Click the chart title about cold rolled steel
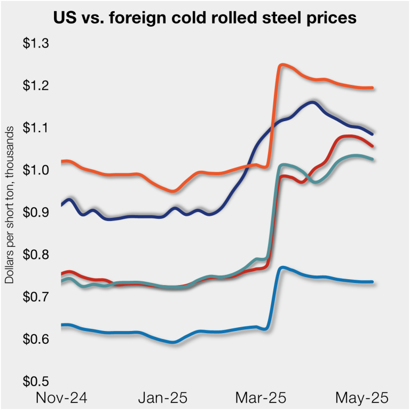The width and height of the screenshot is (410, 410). [205, 18]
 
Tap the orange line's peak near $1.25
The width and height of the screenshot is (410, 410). [282, 65]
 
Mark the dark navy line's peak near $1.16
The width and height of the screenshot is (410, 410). [312, 102]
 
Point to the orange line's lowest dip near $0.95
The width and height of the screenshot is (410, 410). [172, 191]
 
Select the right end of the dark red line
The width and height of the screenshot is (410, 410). [372, 146]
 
